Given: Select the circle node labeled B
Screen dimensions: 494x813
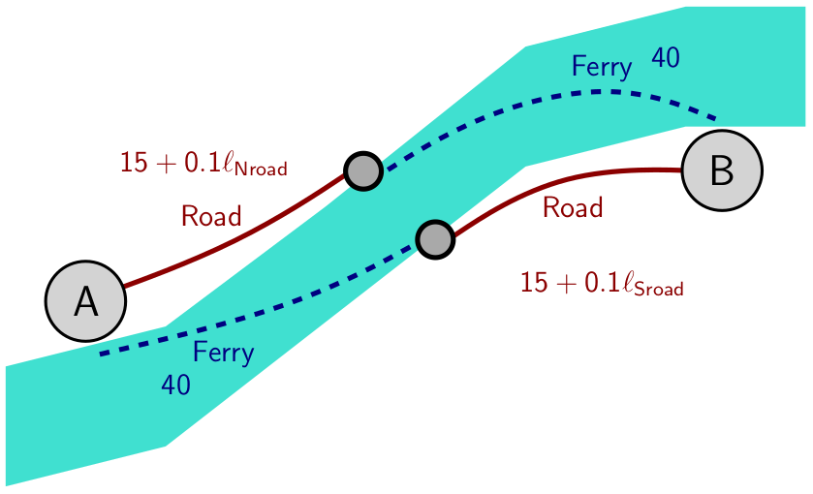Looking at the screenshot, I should pyautogui.click(x=722, y=170).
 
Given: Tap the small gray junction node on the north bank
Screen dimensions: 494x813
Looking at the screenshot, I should pyautogui.click(x=362, y=171).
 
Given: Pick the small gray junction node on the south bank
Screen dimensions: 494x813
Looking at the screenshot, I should pyautogui.click(x=435, y=238).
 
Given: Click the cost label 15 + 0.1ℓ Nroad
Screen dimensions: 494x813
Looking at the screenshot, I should pyautogui.click(x=203, y=164).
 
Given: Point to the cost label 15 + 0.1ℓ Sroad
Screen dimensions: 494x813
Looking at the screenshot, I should pyautogui.click(x=602, y=284).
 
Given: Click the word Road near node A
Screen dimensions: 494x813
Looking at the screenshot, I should pyautogui.click(x=211, y=217).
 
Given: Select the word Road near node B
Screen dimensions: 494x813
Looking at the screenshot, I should pyautogui.click(x=573, y=207).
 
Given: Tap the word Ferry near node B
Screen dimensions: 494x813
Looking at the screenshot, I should pyautogui.click(x=602, y=67).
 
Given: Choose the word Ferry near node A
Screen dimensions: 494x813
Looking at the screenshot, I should pyautogui.click(x=223, y=353).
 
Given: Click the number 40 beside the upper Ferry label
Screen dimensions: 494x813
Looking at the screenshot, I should pyautogui.click(x=665, y=58).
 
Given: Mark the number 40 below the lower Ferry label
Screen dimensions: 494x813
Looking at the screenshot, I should pyautogui.click(x=175, y=386).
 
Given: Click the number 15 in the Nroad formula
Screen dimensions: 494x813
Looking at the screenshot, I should pyautogui.click(x=133, y=163).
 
